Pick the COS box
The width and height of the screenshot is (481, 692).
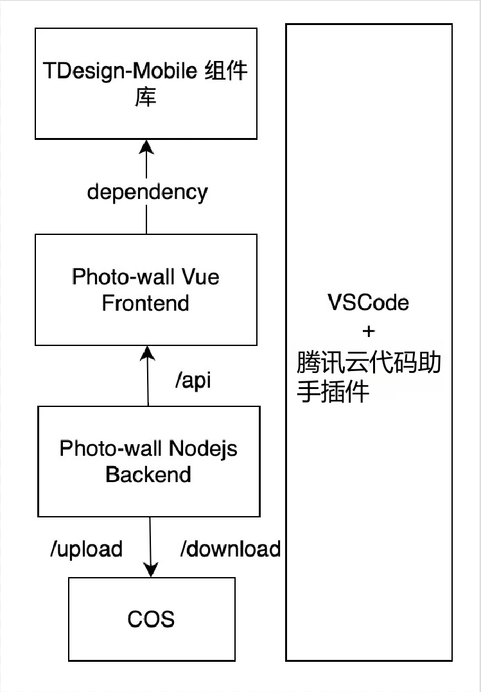point(152,619)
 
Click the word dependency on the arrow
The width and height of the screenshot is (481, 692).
point(147,192)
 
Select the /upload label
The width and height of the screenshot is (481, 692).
point(86,549)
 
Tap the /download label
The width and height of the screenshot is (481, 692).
point(230,549)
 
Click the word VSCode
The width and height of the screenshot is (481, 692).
point(368,302)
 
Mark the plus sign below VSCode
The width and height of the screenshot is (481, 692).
point(368,332)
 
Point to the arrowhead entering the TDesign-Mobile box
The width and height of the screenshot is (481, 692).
point(146,147)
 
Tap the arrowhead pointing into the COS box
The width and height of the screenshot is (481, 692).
point(151,569)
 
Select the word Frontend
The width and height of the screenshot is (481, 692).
point(146,302)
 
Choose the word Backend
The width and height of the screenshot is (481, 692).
point(148,474)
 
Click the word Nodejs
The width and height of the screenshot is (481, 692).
point(204,448)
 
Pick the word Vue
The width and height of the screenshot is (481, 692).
point(200,277)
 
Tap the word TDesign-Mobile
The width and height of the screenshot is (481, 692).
point(120,71)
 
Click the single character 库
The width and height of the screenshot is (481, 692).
point(146,98)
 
